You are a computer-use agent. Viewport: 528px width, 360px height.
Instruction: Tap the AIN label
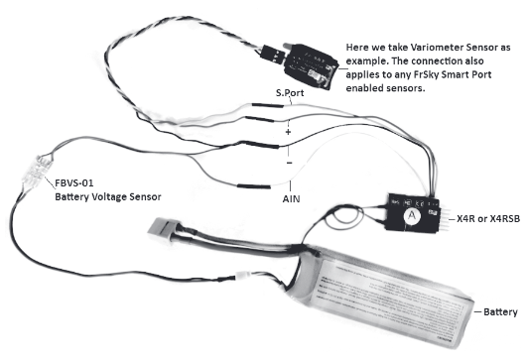pos(292,197)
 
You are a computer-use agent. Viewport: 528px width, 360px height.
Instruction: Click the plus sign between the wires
pos(288,129)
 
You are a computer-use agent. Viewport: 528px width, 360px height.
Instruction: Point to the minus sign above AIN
pos(288,162)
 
